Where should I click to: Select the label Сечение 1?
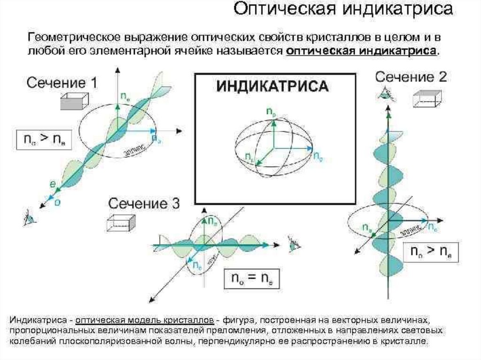click(62, 84)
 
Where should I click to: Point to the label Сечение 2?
click(411, 77)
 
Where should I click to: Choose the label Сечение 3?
click(144, 204)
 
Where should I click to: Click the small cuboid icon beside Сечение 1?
click(74, 101)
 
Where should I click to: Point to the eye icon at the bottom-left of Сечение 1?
click(29, 217)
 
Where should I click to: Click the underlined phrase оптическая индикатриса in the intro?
click(362, 51)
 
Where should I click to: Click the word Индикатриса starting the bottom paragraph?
click(37, 320)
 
